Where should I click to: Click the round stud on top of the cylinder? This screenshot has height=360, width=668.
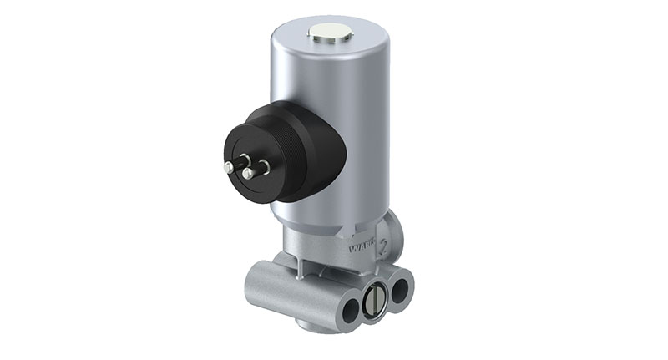pos(330,33)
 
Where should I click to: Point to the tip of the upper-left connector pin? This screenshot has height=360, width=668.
pos(228,167)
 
